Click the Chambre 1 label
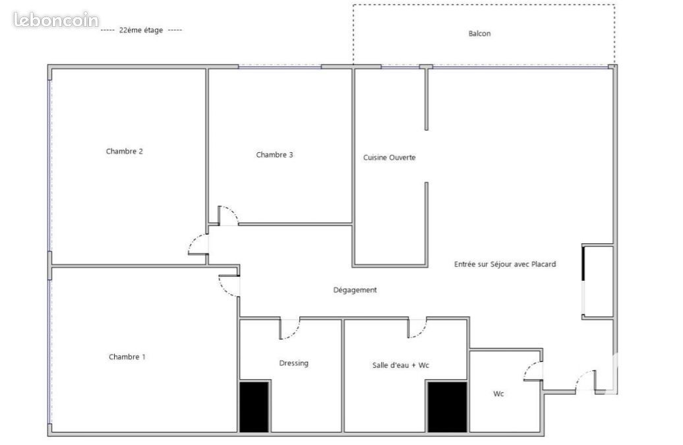click(x=127, y=357)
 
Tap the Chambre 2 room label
click(x=124, y=152)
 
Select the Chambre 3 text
click(x=274, y=155)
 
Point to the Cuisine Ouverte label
click(x=390, y=158)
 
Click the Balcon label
click(x=479, y=34)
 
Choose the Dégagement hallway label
click(x=355, y=290)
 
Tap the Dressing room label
click(x=293, y=363)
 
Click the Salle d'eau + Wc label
click(x=401, y=365)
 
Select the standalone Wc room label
click(x=498, y=394)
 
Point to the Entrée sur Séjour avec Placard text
click(x=505, y=264)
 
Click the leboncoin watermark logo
click(x=56, y=20)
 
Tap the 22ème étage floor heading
click(x=141, y=30)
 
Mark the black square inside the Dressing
click(x=254, y=407)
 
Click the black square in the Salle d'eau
click(x=447, y=407)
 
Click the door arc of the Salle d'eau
click(x=423, y=332)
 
